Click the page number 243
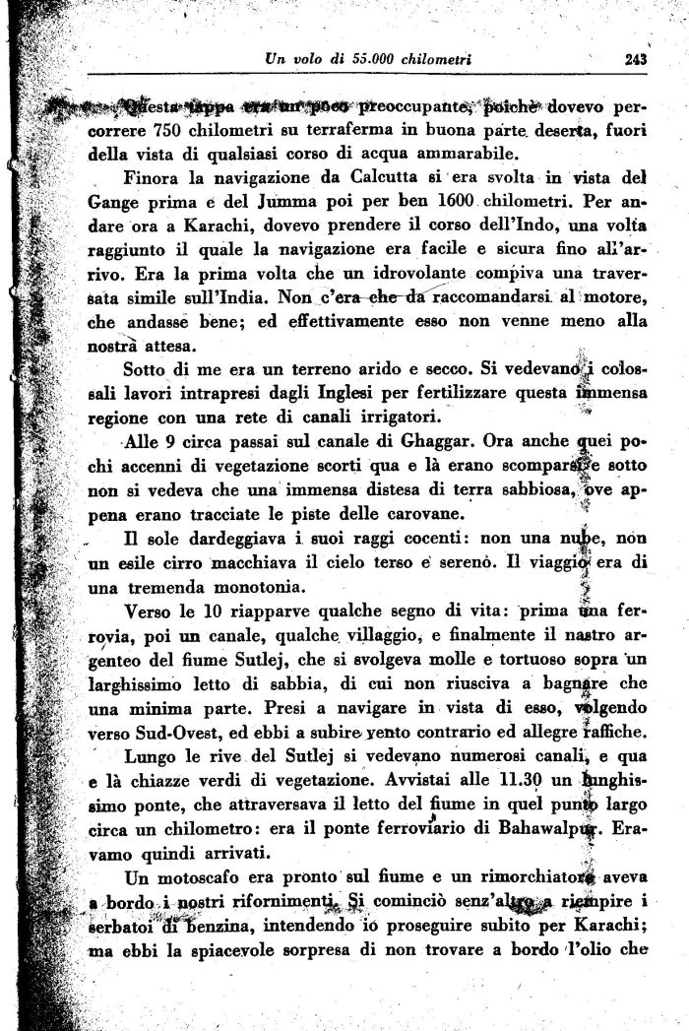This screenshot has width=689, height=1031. (635, 60)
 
